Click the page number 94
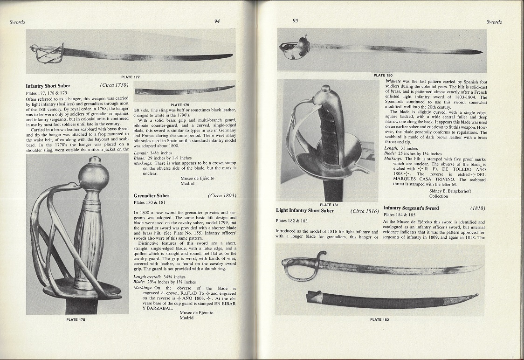pyautogui.click(x=217, y=21)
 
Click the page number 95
pyautogui.click(x=295, y=21)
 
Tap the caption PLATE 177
pyautogui.click(x=130, y=77)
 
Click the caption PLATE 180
pyautogui.click(x=382, y=75)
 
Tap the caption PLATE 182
pyautogui.click(x=379, y=319)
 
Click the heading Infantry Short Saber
pyautogui.click(x=48, y=86)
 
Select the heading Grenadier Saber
pyautogui.click(x=151, y=195)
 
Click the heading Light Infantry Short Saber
pyautogui.click(x=304, y=211)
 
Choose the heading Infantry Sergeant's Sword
pyautogui.click(x=411, y=208)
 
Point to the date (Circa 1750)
pyautogui.click(x=114, y=86)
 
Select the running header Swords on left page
pyautogui.click(x=17, y=22)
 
